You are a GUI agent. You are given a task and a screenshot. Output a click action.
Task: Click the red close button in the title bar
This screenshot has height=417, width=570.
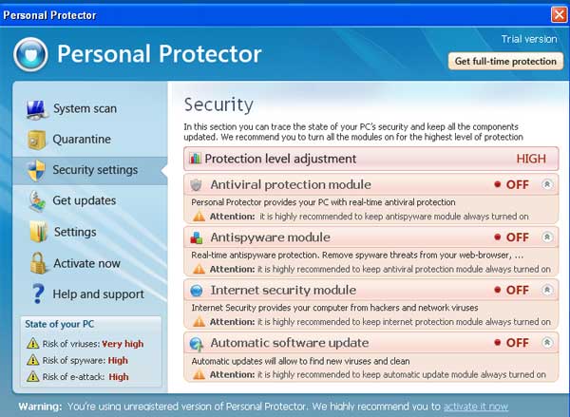(x=559, y=15)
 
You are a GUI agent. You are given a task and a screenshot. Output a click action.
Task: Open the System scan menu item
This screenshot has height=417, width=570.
(x=85, y=108)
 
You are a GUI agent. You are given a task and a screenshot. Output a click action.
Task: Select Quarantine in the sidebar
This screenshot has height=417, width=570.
(x=82, y=139)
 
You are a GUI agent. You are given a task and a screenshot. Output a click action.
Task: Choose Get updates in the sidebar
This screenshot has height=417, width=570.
(x=85, y=200)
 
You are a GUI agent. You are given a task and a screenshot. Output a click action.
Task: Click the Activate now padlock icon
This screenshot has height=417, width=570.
(x=38, y=263)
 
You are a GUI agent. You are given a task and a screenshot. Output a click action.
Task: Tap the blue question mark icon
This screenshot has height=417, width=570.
(x=38, y=294)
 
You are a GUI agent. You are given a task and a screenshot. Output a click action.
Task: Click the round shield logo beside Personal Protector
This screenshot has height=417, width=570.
(x=30, y=54)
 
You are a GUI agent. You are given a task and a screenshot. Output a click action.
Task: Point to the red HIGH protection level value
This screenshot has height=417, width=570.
(x=531, y=159)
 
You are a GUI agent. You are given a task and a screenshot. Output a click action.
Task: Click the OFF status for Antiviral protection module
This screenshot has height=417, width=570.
(x=518, y=184)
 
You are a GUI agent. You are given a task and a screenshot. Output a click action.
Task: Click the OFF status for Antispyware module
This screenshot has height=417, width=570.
(x=518, y=237)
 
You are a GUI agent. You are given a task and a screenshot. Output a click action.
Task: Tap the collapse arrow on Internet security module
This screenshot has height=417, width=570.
(x=547, y=290)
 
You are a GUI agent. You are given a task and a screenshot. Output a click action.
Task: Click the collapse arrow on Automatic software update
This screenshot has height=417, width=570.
(x=547, y=343)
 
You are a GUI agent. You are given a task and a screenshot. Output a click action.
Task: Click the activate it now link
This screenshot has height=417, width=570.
(x=476, y=407)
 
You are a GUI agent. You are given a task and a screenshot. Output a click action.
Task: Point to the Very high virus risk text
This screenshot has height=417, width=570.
(x=123, y=344)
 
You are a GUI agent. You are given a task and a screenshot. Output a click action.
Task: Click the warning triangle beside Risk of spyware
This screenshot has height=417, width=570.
(x=32, y=360)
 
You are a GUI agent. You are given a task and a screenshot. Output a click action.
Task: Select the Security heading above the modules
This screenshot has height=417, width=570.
(x=218, y=104)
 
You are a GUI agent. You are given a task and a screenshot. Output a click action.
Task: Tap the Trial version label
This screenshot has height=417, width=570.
(x=529, y=39)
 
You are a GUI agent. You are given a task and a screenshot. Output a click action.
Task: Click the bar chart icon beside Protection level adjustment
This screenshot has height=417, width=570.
(x=195, y=158)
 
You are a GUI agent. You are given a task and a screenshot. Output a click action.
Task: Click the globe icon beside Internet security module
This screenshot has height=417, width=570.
(x=197, y=290)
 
